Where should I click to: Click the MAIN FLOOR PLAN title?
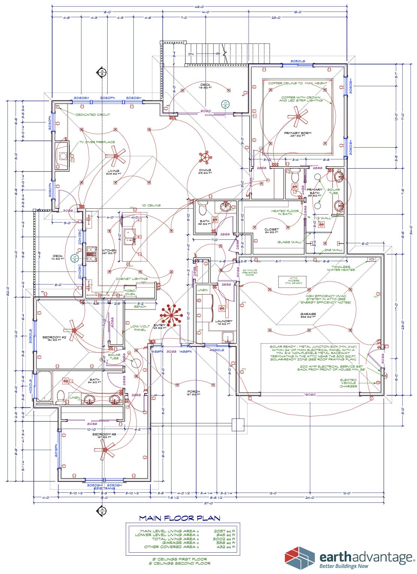point(179,518)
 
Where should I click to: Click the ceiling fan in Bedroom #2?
point(74,330)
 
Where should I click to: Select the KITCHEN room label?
point(109,250)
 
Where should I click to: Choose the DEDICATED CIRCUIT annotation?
point(92,115)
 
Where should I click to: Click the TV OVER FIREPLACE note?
point(96,142)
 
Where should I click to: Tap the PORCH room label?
point(193,392)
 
